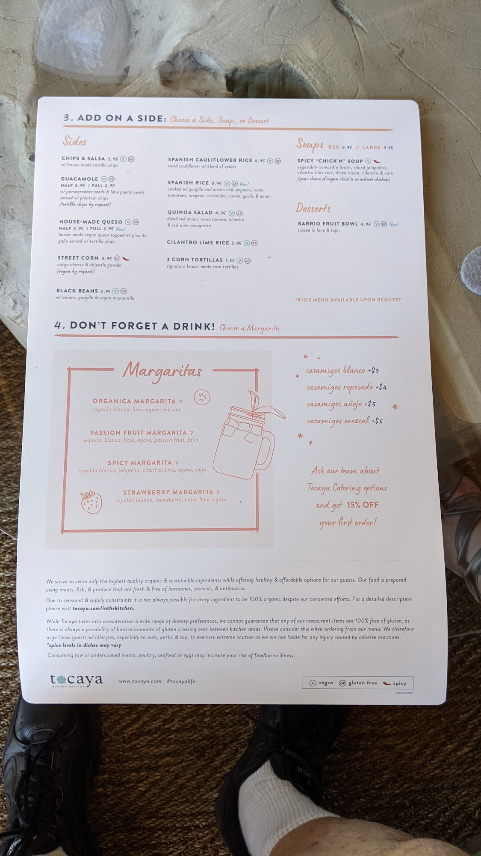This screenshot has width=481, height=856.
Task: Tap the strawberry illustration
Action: (x=91, y=502)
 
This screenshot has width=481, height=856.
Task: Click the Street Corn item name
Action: (x=75, y=258)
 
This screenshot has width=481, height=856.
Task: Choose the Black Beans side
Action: (x=77, y=291)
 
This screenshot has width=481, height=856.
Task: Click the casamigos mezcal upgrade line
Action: (x=345, y=421)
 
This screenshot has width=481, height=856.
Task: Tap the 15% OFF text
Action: (x=363, y=505)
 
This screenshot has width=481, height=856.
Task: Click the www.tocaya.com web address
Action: (x=140, y=681)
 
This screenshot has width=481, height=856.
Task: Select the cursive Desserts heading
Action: (x=314, y=208)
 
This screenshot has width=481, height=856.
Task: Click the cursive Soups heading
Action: (x=310, y=145)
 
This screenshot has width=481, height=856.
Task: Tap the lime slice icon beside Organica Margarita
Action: (x=202, y=398)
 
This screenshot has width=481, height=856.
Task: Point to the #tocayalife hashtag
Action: (x=181, y=681)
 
